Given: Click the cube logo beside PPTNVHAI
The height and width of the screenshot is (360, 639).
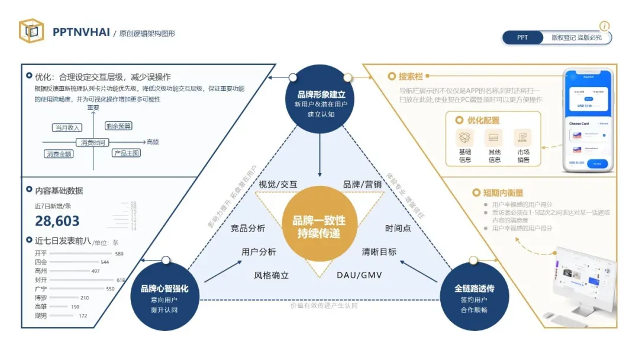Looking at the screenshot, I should coord(31,31).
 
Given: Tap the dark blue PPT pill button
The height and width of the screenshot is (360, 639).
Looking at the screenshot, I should coord(522,37).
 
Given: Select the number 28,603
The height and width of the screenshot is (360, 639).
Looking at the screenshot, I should coord(57,221).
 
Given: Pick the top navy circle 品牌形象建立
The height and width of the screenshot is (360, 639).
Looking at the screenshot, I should coord(321,100).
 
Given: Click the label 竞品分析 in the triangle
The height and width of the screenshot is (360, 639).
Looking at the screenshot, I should coord(248,229).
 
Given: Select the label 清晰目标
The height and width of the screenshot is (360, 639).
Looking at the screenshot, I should coord(379,252).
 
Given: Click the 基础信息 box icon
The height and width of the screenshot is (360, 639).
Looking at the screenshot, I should coord(465,138).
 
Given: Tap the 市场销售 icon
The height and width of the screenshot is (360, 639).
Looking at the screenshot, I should coord(523,138).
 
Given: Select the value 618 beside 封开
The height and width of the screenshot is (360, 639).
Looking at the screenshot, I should coord(121,280).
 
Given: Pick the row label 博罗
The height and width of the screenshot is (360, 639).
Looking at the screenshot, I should coord(40,298).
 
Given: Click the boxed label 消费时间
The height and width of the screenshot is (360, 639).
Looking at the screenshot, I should coord(93,142).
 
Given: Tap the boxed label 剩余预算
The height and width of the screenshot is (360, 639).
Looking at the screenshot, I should coord(118,126).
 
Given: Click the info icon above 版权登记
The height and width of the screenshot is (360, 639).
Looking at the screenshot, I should coord(604,26).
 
